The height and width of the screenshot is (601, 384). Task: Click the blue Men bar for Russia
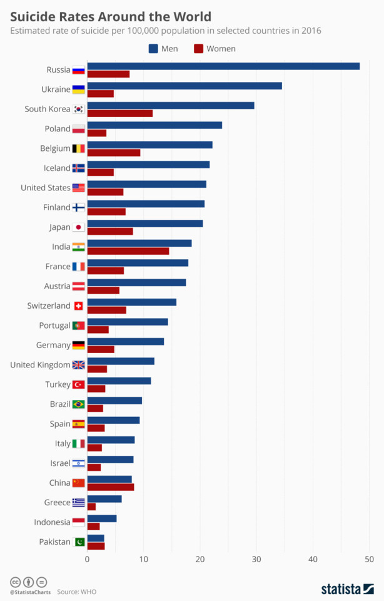pyautogui.click(x=223, y=66)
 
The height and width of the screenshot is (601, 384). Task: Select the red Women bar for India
pyautogui.click(x=128, y=251)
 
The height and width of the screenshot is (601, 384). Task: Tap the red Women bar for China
pyautogui.click(x=110, y=486)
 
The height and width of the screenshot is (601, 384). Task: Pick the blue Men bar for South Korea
pyautogui.click(x=170, y=105)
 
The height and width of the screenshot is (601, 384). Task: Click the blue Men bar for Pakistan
pyautogui.click(x=96, y=538)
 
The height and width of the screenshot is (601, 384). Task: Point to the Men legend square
pyautogui.click(x=153, y=48)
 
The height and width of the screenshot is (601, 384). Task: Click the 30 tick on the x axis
pyautogui.click(x=256, y=559)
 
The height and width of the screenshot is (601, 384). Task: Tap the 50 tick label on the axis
pyautogui.click(x=369, y=559)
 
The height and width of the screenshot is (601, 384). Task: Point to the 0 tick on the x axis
pyautogui.click(x=87, y=559)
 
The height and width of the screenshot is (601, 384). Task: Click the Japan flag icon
pyautogui.click(x=79, y=227)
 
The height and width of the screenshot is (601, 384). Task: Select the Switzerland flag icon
pyautogui.click(x=79, y=306)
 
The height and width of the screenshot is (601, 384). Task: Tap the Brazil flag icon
pyautogui.click(x=79, y=404)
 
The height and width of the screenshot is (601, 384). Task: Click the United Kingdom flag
pyautogui.click(x=79, y=365)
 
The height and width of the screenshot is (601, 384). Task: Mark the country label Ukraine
pyautogui.click(x=56, y=90)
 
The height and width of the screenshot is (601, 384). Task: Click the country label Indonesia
pyautogui.click(x=53, y=522)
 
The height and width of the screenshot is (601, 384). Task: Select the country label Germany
pyautogui.click(x=53, y=345)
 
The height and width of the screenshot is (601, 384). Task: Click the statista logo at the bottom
pyautogui.click(x=349, y=588)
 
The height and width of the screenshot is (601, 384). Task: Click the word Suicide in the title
pyautogui.click(x=32, y=16)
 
